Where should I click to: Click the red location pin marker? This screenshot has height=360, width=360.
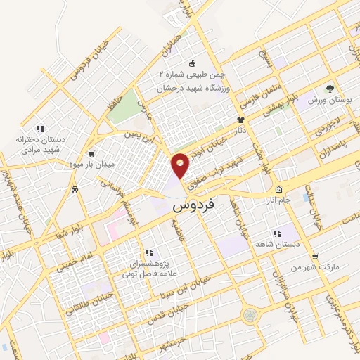[x=181, y=165]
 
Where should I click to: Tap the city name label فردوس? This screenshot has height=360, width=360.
[x=194, y=207]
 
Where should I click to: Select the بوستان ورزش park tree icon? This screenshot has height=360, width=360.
[x=330, y=89]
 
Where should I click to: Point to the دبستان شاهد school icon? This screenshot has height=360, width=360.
[x=276, y=233]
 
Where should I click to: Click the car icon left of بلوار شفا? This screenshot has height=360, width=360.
[x=75, y=189]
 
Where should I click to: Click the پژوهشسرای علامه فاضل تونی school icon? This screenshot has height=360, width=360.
[x=148, y=252]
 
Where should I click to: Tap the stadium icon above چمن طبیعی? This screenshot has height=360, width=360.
[x=193, y=63]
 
